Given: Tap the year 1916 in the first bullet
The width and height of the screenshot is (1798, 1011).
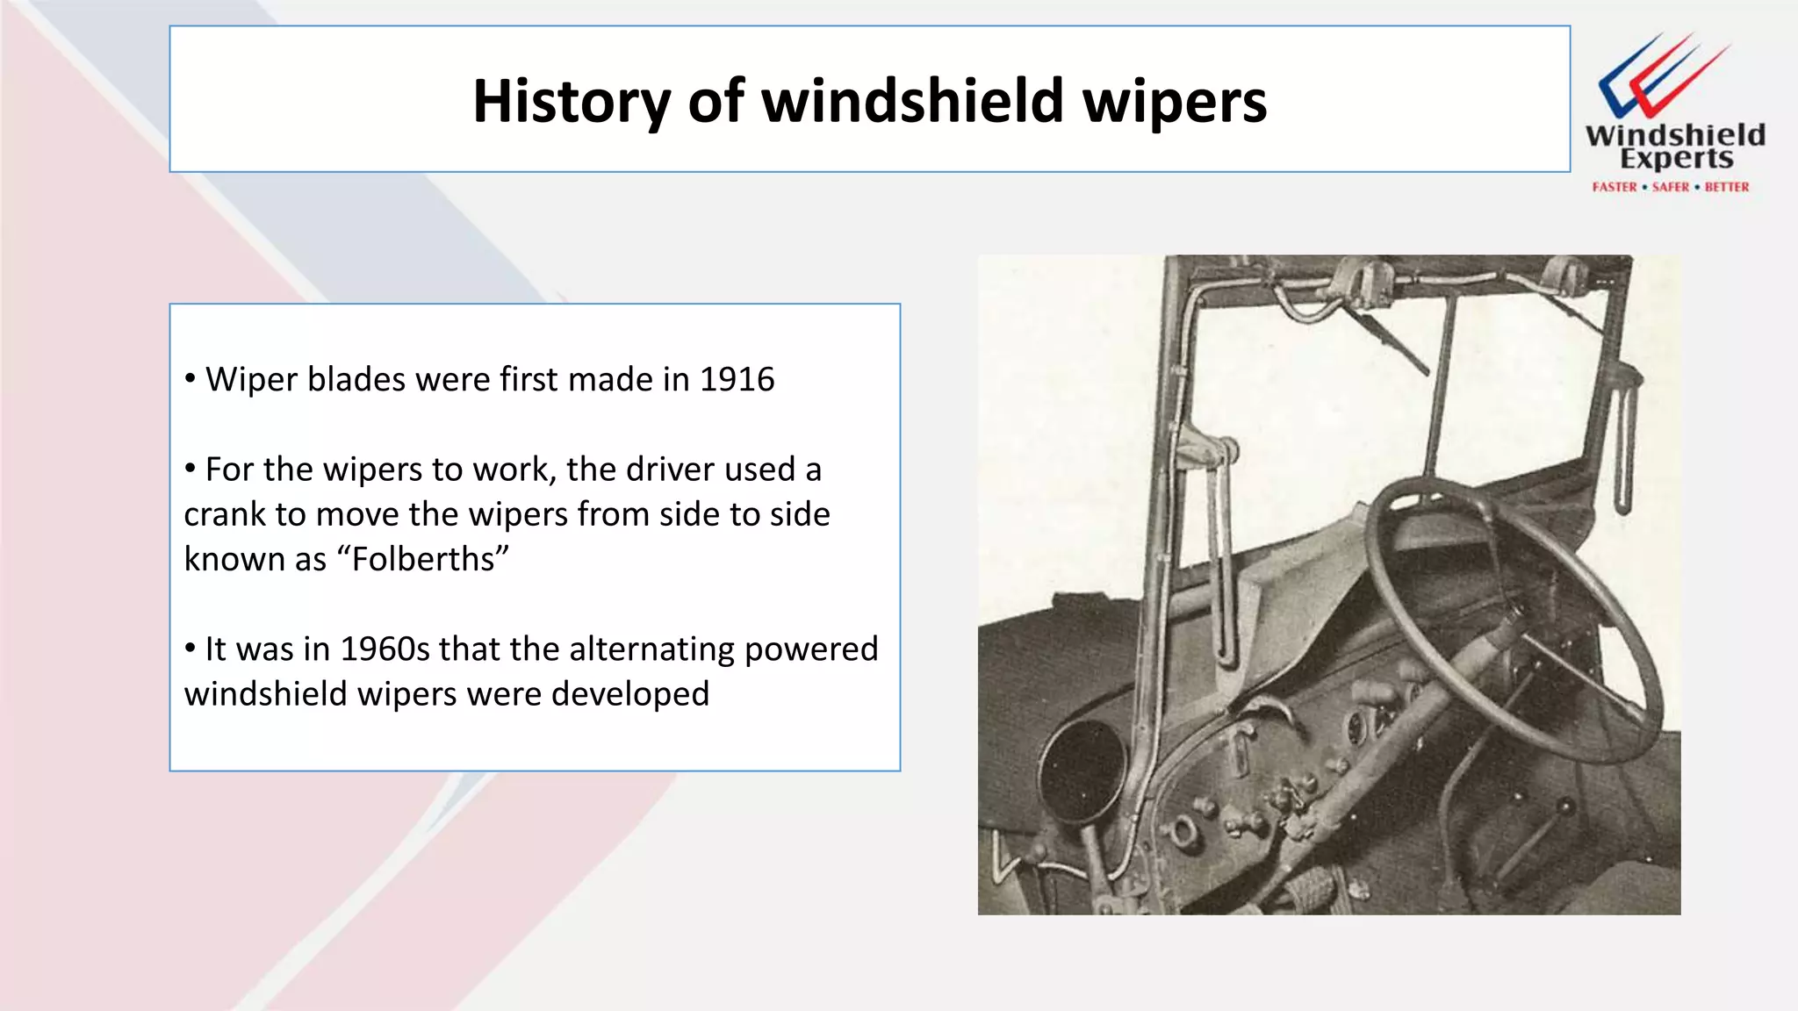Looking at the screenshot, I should point(737,379).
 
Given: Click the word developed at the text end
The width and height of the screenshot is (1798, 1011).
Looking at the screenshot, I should point(629,694).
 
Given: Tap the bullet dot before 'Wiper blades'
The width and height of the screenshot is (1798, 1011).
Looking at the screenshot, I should point(191,379).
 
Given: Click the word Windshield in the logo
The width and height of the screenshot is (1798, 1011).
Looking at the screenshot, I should point(1674,135).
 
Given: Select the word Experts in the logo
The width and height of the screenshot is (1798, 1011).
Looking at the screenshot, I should point(1676,159).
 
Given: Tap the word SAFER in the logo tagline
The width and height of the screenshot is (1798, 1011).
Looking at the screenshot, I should point(1670,187).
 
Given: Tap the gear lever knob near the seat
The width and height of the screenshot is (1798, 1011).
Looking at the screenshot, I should point(1564,805).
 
